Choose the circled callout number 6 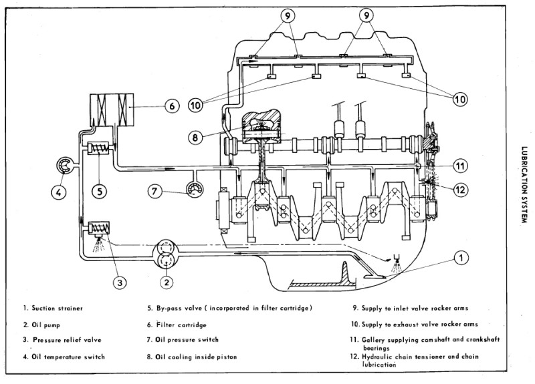tap(171, 106)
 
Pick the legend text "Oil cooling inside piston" tap(199, 357)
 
